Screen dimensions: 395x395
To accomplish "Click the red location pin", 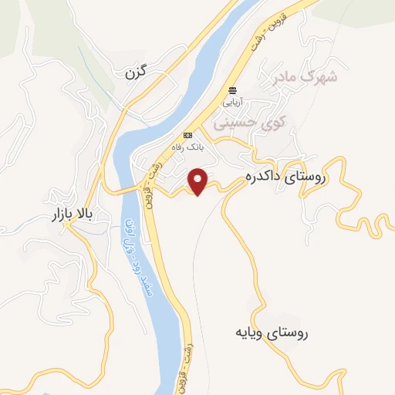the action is tap(200, 181).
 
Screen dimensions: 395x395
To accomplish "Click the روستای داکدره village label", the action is tap(286, 177).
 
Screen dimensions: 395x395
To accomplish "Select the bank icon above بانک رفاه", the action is tap(187, 135).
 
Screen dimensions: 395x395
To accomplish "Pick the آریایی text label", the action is tap(232, 101).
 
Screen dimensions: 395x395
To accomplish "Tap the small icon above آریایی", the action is tap(232, 91).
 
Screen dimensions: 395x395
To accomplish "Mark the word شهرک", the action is tap(322, 77).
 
